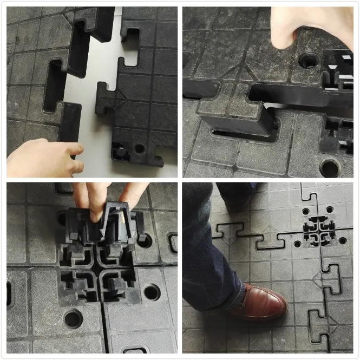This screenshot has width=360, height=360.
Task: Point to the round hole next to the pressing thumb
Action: [309, 60]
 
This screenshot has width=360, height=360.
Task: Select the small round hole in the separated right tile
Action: [140, 148]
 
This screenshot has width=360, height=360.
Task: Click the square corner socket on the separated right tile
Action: [120, 152]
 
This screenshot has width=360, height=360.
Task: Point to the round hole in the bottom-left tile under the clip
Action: [74, 318]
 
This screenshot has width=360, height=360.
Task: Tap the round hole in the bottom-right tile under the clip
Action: [152, 292]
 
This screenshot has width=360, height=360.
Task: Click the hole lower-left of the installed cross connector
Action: [297, 244]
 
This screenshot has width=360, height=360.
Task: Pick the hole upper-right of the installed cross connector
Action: [330, 210]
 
